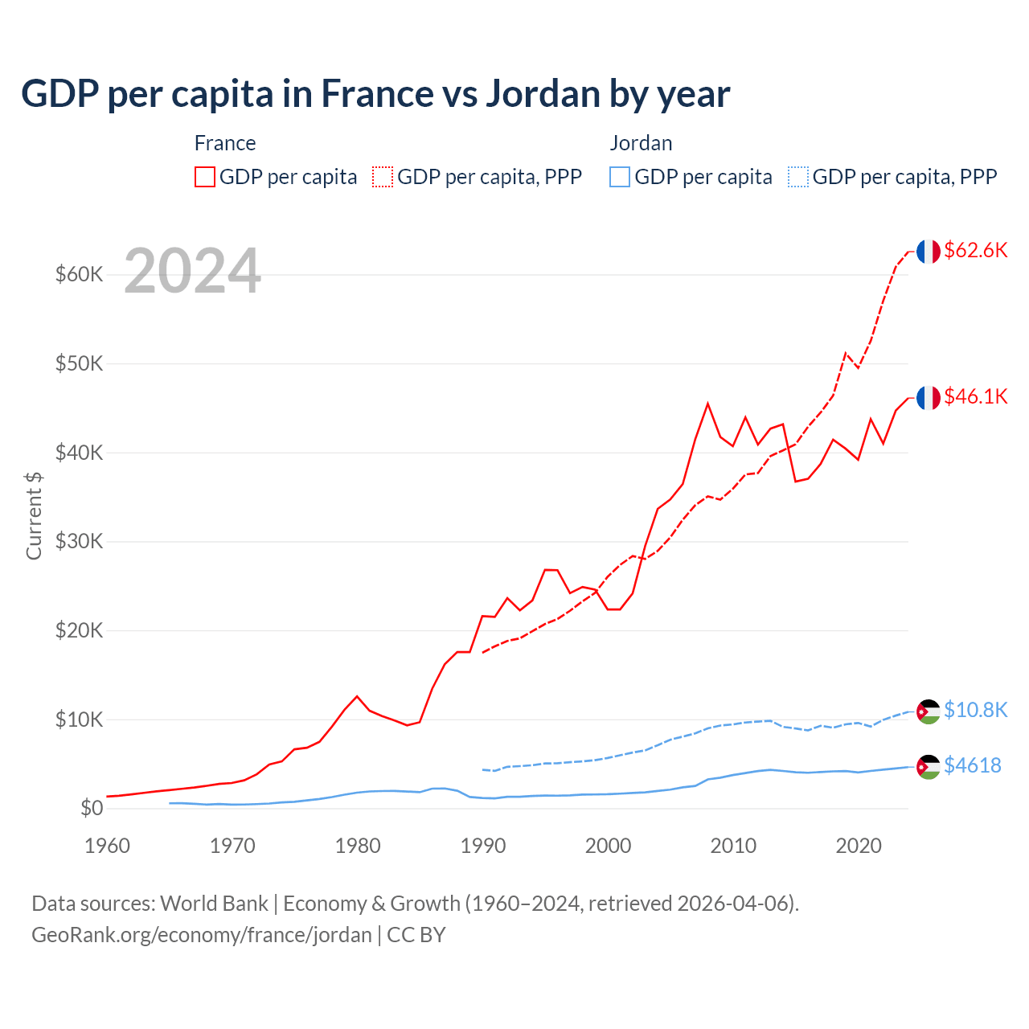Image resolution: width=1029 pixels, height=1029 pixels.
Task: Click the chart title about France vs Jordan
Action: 375,94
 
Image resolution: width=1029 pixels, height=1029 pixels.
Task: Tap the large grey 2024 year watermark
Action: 192,271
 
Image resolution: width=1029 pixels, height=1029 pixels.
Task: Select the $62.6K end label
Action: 975,250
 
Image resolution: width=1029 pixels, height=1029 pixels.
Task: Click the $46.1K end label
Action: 975,396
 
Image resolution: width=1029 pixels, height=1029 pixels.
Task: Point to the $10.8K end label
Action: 975,710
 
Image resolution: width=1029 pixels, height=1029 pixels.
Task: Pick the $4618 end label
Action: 972,765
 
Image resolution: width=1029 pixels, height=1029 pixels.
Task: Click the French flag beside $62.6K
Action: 928,252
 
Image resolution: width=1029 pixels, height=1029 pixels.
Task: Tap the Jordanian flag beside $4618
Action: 928,767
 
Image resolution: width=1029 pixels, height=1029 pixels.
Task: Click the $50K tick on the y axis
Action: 80,363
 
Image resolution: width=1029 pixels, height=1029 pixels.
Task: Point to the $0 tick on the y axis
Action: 92,808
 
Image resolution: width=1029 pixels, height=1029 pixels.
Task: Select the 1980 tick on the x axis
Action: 358,846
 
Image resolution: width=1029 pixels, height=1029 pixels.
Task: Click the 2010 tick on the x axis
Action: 733,846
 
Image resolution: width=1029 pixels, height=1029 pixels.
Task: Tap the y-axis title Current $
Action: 34,515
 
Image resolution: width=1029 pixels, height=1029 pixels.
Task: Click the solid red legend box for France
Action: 205,177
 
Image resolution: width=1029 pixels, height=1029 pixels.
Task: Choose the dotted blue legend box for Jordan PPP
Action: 798,177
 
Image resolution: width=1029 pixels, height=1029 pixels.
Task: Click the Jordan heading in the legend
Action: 641,143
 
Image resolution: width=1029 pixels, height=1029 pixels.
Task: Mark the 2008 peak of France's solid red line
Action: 707,404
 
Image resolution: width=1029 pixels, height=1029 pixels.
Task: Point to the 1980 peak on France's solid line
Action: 357,696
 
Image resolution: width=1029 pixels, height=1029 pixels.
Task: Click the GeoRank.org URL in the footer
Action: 201,935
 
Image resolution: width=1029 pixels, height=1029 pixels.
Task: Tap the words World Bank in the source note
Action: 214,904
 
